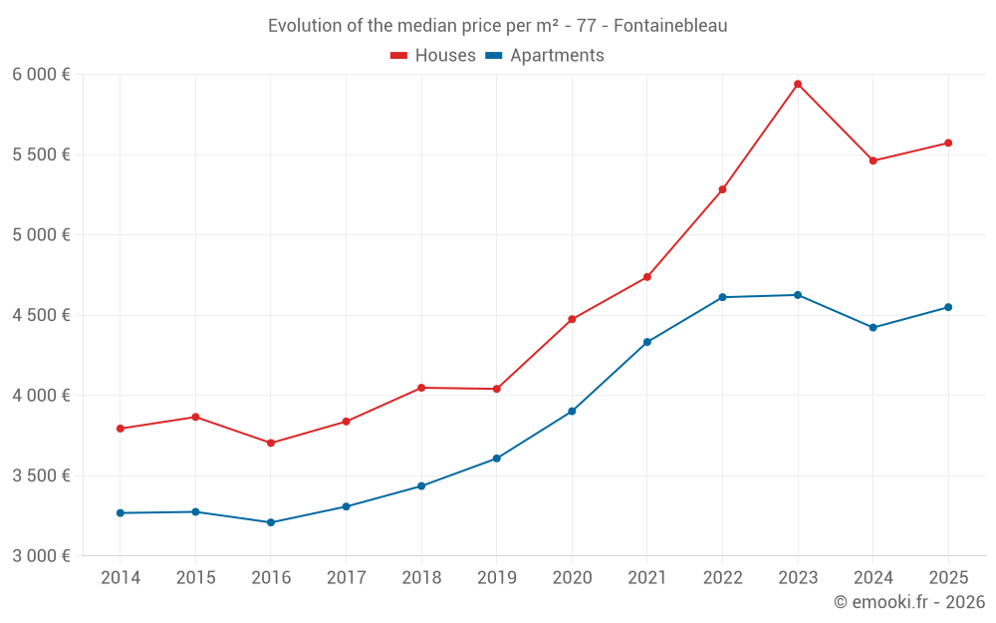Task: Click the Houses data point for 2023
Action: point(798,84)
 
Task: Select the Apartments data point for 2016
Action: point(271,522)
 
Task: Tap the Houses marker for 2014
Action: point(121,429)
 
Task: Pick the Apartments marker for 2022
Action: point(722,297)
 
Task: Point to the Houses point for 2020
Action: point(572,319)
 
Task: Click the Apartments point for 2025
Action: point(948,307)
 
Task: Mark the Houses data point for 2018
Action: point(421,388)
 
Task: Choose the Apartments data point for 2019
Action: point(496,459)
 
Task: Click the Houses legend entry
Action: point(433,56)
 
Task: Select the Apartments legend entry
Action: point(546,56)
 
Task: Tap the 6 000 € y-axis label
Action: point(41,75)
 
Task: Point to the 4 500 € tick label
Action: point(41,315)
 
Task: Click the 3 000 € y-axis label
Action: point(41,555)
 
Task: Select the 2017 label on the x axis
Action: point(346,578)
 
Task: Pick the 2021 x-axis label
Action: point(646,578)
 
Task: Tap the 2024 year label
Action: point(872,578)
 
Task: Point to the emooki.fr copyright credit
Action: point(909,602)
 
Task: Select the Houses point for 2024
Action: point(872,160)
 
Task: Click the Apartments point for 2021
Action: point(646,342)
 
